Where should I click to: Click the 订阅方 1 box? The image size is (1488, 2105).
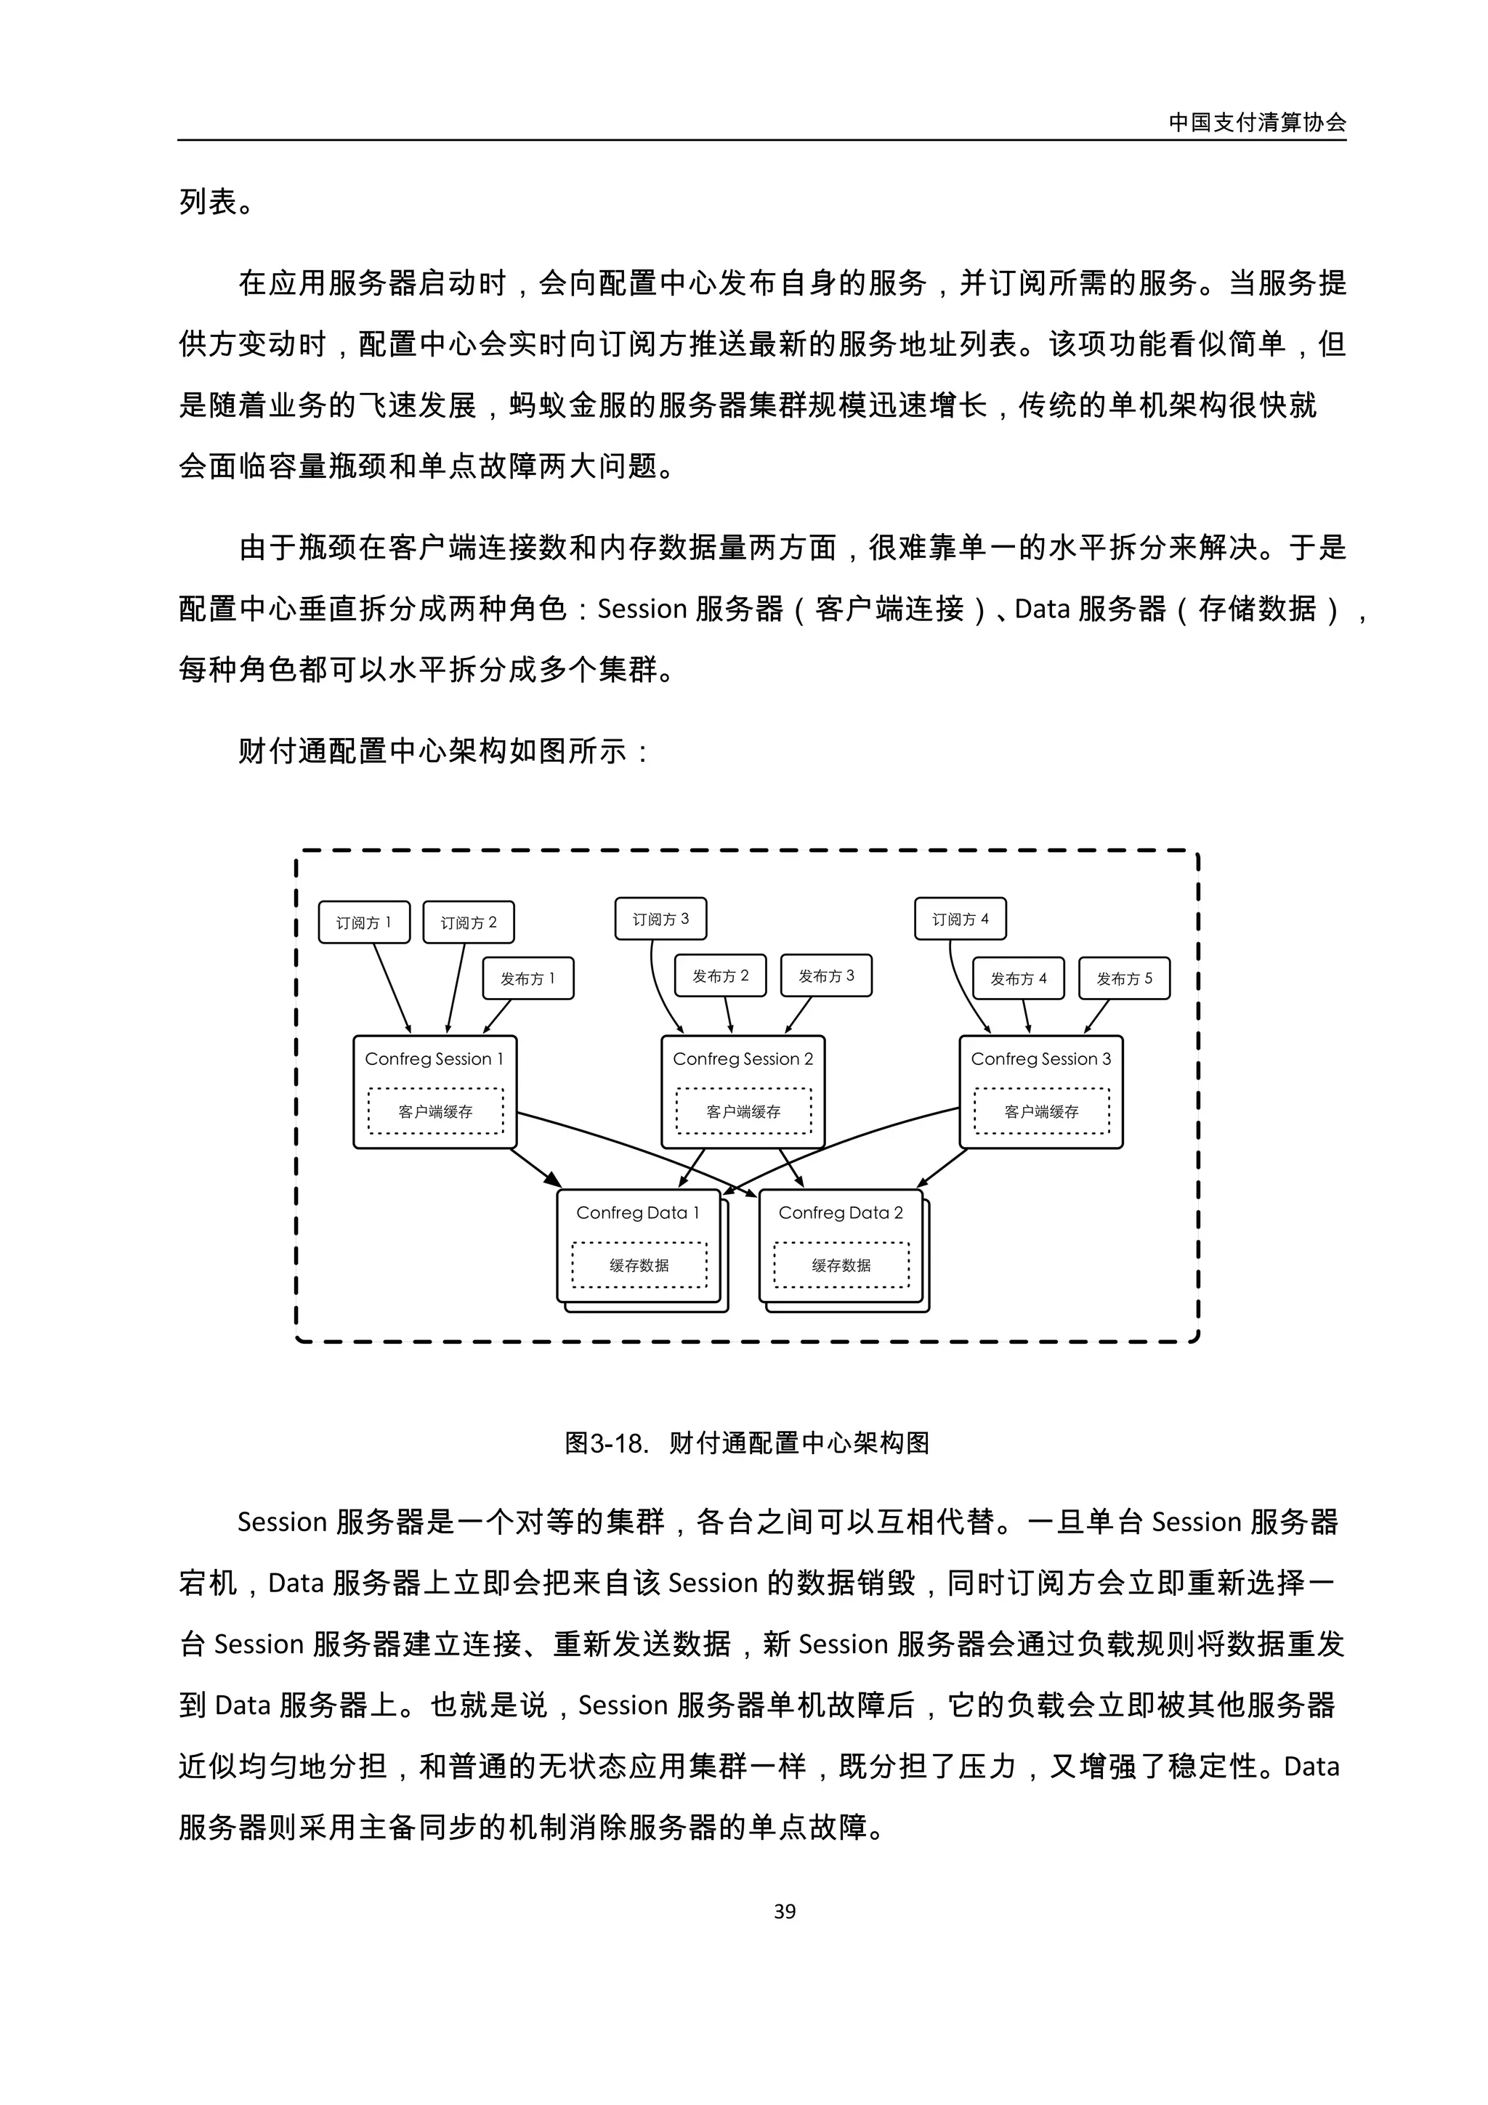pyautogui.click(x=364, y=922)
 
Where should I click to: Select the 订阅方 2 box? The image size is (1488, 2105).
pyautogui.click(x=469, y=922)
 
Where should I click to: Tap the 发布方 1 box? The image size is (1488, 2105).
pyautogui.click(x=528, y=978)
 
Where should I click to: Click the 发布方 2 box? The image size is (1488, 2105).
pyautogui.click(x=721, y=976)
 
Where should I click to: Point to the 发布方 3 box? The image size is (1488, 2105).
pyautogui.click(x=826, y=976)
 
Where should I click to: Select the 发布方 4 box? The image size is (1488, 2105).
pyautogui.click(x=1019, y=978)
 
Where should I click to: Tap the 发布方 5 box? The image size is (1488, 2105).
pyautogui.click(x=1124, y=978)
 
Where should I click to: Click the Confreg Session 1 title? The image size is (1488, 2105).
pyautogui.click(x=434, y=1059)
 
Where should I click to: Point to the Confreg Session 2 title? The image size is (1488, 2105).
pyautogui.click(x=743, y=1059)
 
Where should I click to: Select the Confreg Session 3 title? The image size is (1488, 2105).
pyautogui.click(x=1040, y=1059)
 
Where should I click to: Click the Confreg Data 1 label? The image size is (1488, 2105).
pyautogui.click(x=638, y=1213)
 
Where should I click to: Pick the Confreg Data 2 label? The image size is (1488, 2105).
pyautogui.click(x=841, y=1213)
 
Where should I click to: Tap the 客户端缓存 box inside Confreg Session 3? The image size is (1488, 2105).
pyautogui.click(x=1041, y=1111)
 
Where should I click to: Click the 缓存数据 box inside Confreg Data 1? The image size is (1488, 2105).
pyautogui.click(x=640, y=1265)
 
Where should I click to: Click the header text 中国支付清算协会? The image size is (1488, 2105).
pyautogui.click(x=1257, y=123)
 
